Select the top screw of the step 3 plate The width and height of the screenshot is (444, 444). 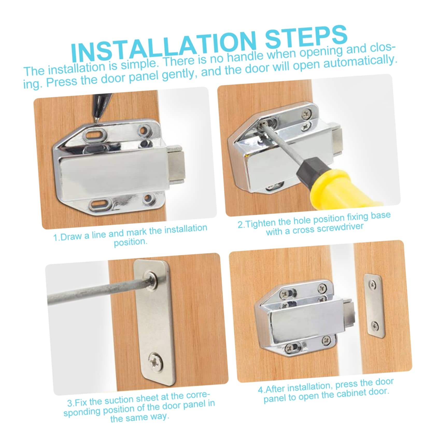(x=152, y=280)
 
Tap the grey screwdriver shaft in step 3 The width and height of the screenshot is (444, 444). (x=98, y=290)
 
